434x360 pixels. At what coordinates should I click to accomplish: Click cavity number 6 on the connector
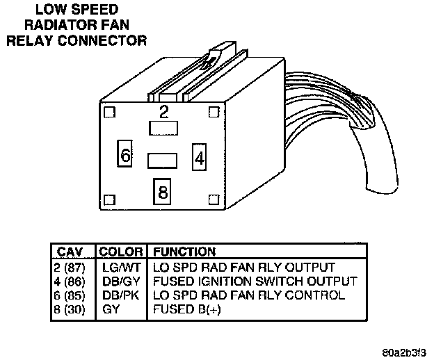click(x=125, y=156)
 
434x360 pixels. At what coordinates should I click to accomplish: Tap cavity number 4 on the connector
click(x=200, y=157)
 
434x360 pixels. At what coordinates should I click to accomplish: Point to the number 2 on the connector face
click(x=164, y=111)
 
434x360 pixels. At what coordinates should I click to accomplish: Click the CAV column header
click(x=70, y=252)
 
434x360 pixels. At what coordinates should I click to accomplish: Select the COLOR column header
click(x=121, y=252)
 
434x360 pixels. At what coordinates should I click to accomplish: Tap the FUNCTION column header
click(x=184, y=252)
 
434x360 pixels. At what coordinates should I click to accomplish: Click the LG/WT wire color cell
click(x=115, y=268)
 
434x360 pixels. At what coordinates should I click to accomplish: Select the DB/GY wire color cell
click(x=115, y=281)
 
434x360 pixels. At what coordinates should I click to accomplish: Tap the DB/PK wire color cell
click(x=115, y=295)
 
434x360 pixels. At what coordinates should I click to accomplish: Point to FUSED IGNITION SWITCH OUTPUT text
click(x=255, y=281)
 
